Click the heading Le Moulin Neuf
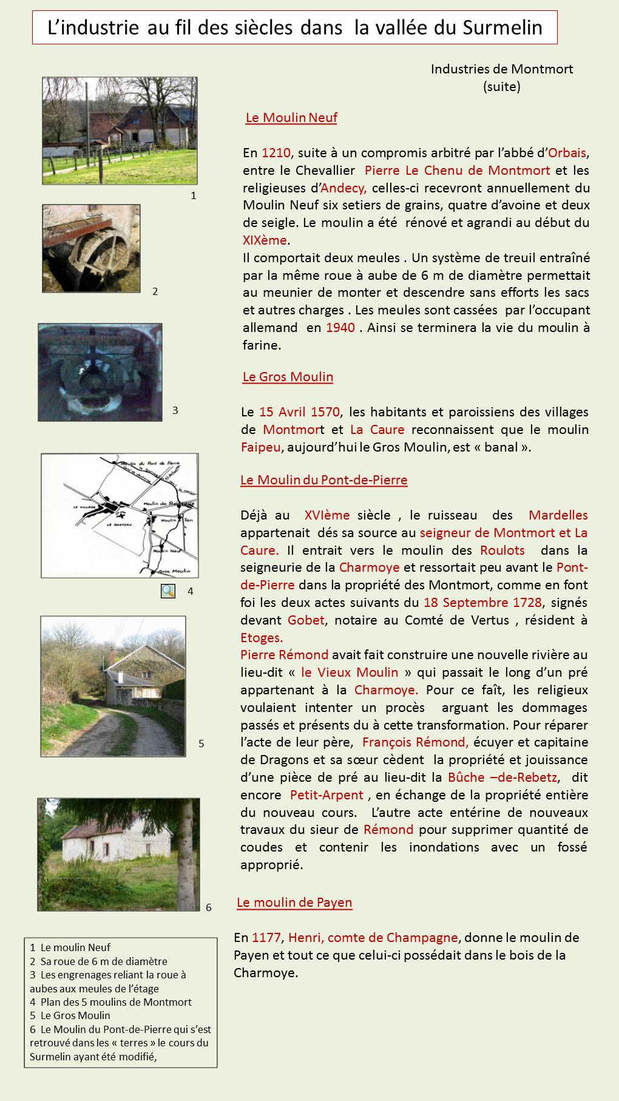click(291, 118)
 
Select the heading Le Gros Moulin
click(288, 377)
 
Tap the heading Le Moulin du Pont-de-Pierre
click(323, 480)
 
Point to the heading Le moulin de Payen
click(294, 903)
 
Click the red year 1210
click(276, 152)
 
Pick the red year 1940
click(340, 328)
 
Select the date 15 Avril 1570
click(299, 412)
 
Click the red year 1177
click(266, 938)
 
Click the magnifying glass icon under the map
click(168, 591)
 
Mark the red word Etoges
click(262, 638)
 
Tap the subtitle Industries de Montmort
click(501, 69)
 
